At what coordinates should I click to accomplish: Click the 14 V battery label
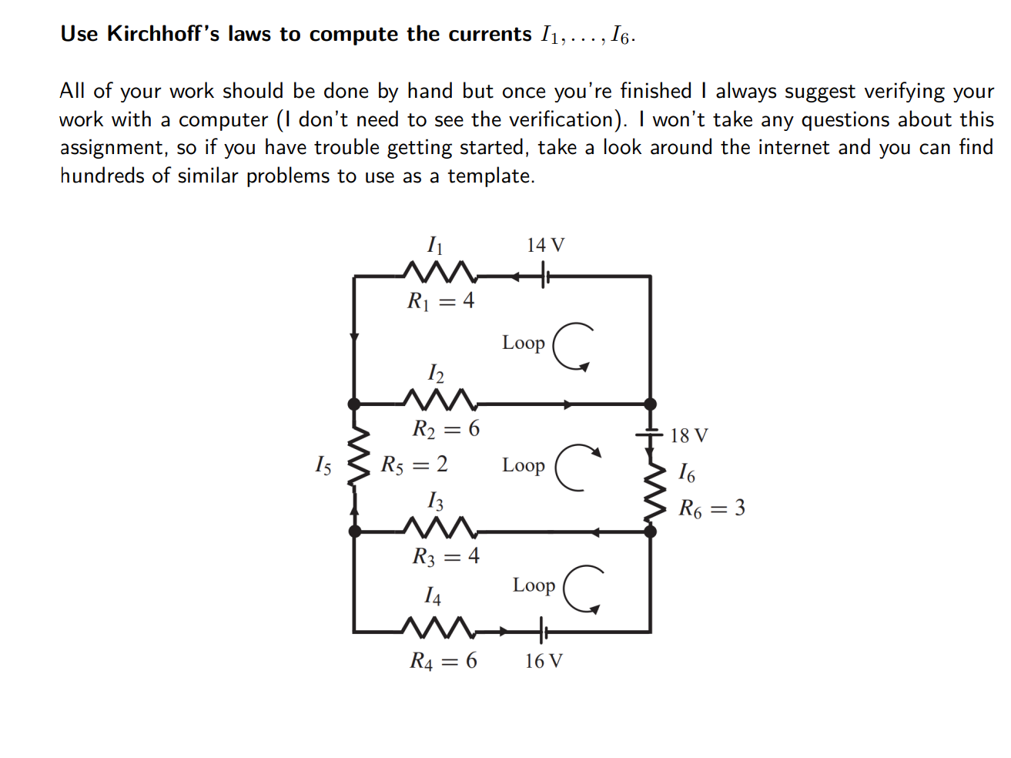(545, 245)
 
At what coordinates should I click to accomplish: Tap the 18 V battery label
(688, 435)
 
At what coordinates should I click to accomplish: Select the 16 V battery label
(544, 661)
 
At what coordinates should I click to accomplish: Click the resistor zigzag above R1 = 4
(440, 272)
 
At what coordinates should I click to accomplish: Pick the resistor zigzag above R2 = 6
(440, 400)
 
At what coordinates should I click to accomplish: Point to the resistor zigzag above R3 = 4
(440, 528)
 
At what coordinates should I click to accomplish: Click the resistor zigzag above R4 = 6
(438, 628)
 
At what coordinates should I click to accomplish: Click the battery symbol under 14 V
(544, 275)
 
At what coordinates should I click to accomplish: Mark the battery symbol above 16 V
(542, 632)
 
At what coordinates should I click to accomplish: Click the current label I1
(435, 245)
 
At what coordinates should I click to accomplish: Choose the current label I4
(433, 595)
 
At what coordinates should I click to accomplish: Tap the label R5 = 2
(414, 465)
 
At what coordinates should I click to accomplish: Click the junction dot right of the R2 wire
(650, 404)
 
